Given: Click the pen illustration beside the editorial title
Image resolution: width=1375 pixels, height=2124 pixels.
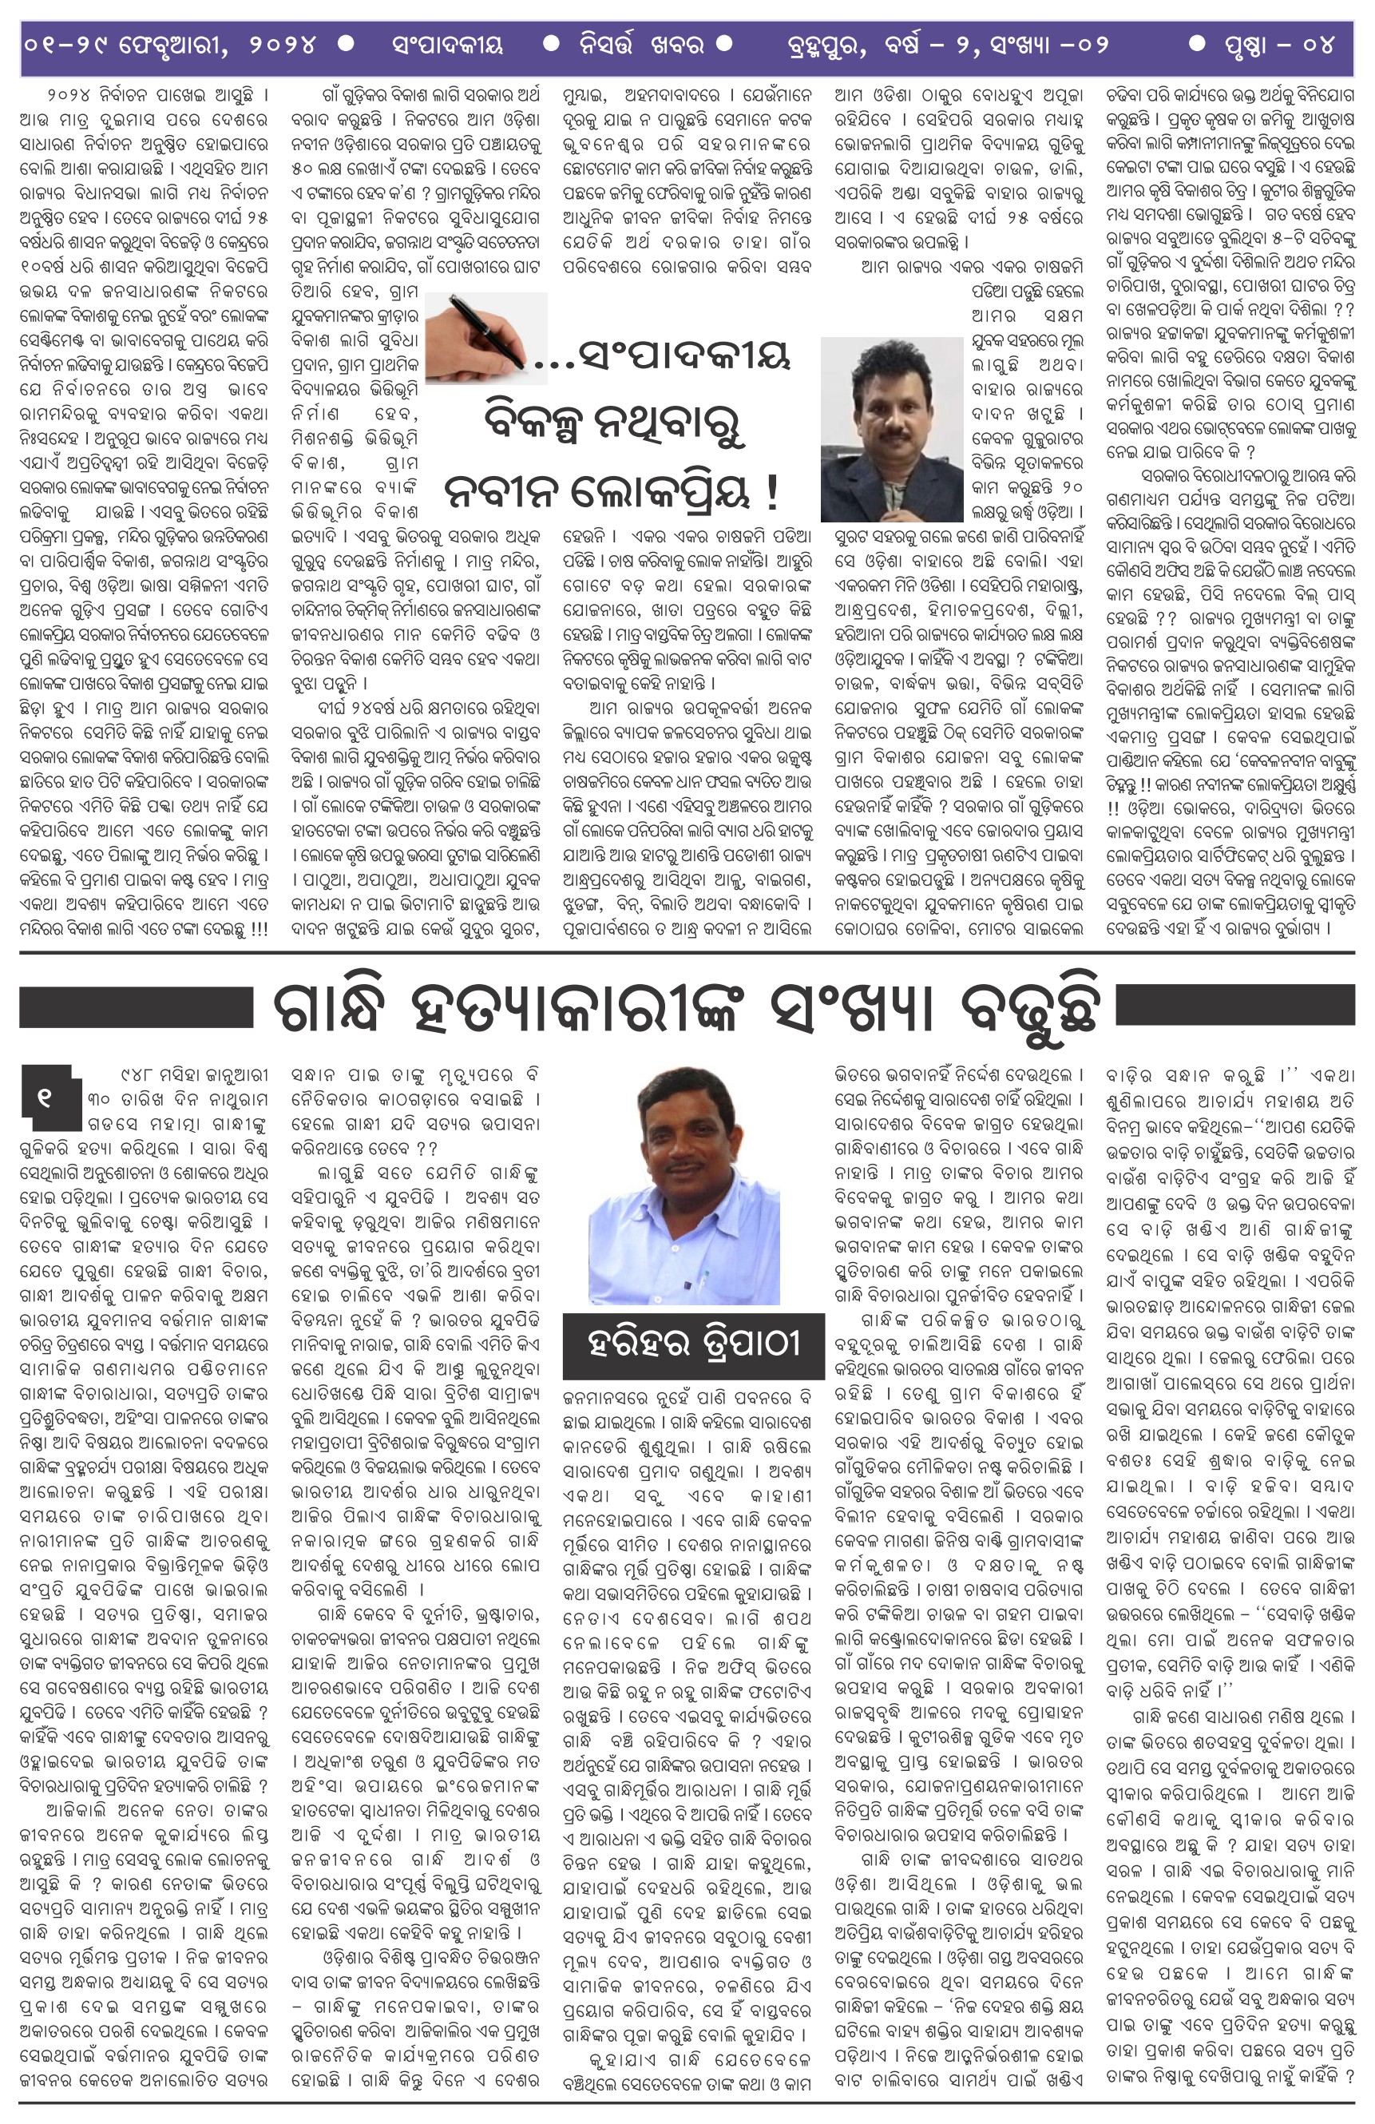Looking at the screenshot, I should click(485, 331).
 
